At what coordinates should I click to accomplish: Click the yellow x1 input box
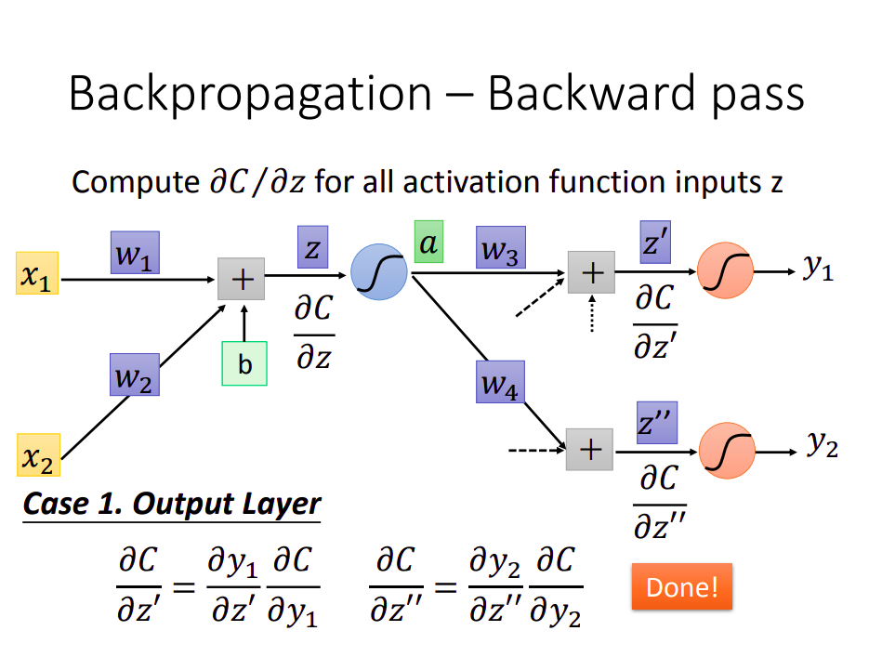[x=37, y=273]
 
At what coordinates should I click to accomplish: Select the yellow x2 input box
[x=38, y=455]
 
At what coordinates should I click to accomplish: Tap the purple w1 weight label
[x=135, y=253]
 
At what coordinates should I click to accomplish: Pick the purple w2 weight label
[x=135, y=374]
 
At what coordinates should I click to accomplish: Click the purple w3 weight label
[x=501, y=247]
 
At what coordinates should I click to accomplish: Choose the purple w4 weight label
[x=501, y=382]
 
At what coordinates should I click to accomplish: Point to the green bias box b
[x=244, y=363]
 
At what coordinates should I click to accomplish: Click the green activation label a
[x=428, y=242]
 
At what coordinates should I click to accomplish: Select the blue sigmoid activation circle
[x=379, y=271]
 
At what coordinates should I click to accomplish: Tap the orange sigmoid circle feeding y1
[x=725, y=270]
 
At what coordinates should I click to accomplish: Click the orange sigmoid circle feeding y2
[x=728, y=451]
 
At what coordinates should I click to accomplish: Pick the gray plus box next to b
[x=242, y=279]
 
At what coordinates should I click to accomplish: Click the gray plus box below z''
[x=589, y=450]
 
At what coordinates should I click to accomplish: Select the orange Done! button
[x=682, y=586]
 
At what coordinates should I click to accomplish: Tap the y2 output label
[x=823, y=444]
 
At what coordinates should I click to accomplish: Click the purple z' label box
[x=655, y=243]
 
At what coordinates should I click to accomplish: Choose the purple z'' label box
[x=657, y=423]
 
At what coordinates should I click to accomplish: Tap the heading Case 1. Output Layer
[x=172, y=504]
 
